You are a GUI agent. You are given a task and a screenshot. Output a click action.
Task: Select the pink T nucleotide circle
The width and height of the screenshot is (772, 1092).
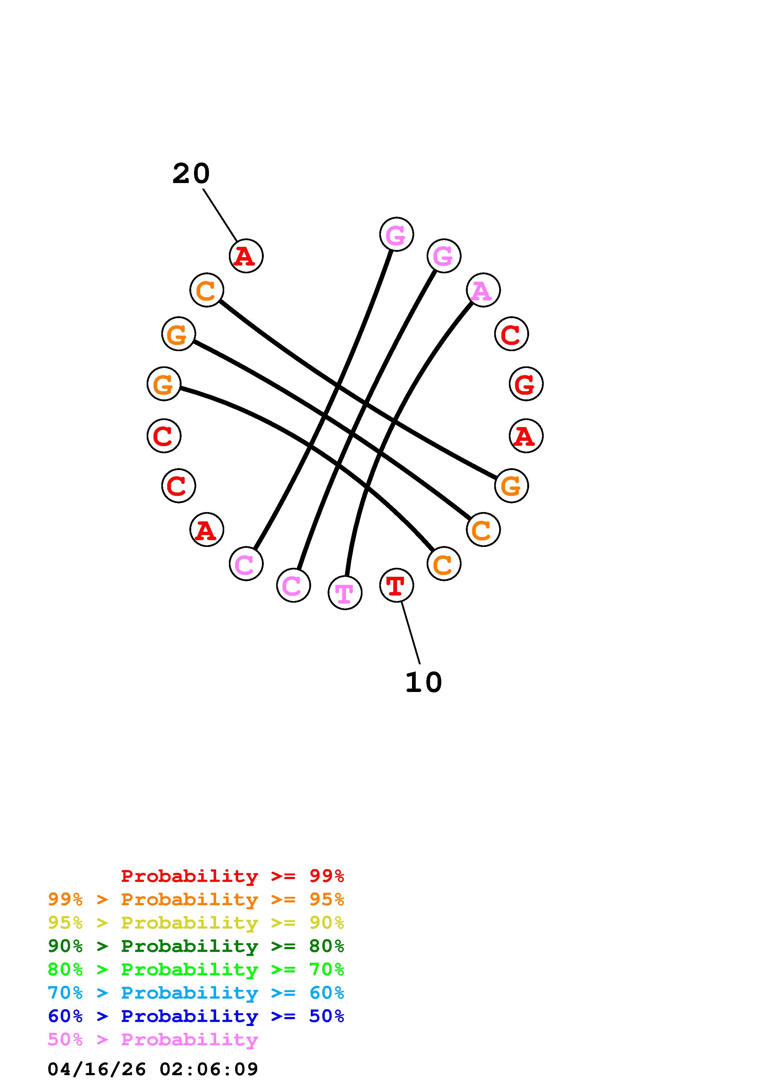[x=345, y=593]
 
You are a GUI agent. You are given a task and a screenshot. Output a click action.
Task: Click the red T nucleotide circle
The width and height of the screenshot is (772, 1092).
[x=396, y=585]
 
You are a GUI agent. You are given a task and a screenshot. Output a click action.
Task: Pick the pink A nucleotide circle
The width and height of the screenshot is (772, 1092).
[x=483, y=290]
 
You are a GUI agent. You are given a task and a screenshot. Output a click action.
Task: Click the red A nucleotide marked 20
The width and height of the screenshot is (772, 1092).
[x=246, y=256]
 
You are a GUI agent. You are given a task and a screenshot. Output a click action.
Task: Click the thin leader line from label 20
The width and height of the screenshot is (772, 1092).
[x=220, y=214]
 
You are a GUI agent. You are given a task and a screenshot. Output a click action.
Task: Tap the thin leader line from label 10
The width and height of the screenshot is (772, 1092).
[x=410, y=633]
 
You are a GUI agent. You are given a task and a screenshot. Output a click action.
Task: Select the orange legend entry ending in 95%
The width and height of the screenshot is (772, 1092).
[x=196, y=899]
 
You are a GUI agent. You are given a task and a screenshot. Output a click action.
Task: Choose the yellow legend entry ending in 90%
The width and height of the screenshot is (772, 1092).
[x=196, y=923]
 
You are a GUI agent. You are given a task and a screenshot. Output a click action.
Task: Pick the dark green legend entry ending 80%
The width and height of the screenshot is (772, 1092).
[x=196, y=946]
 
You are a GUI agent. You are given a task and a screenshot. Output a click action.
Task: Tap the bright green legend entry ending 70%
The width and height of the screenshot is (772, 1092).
[x=196, y=969]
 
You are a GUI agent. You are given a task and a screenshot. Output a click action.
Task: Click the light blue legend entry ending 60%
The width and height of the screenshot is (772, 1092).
[x=196, y=993]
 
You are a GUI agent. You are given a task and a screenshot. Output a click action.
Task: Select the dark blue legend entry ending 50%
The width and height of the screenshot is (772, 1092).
[x=196, y=1016]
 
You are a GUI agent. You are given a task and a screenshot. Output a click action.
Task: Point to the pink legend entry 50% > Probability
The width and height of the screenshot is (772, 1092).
[x=153, y=1039]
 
